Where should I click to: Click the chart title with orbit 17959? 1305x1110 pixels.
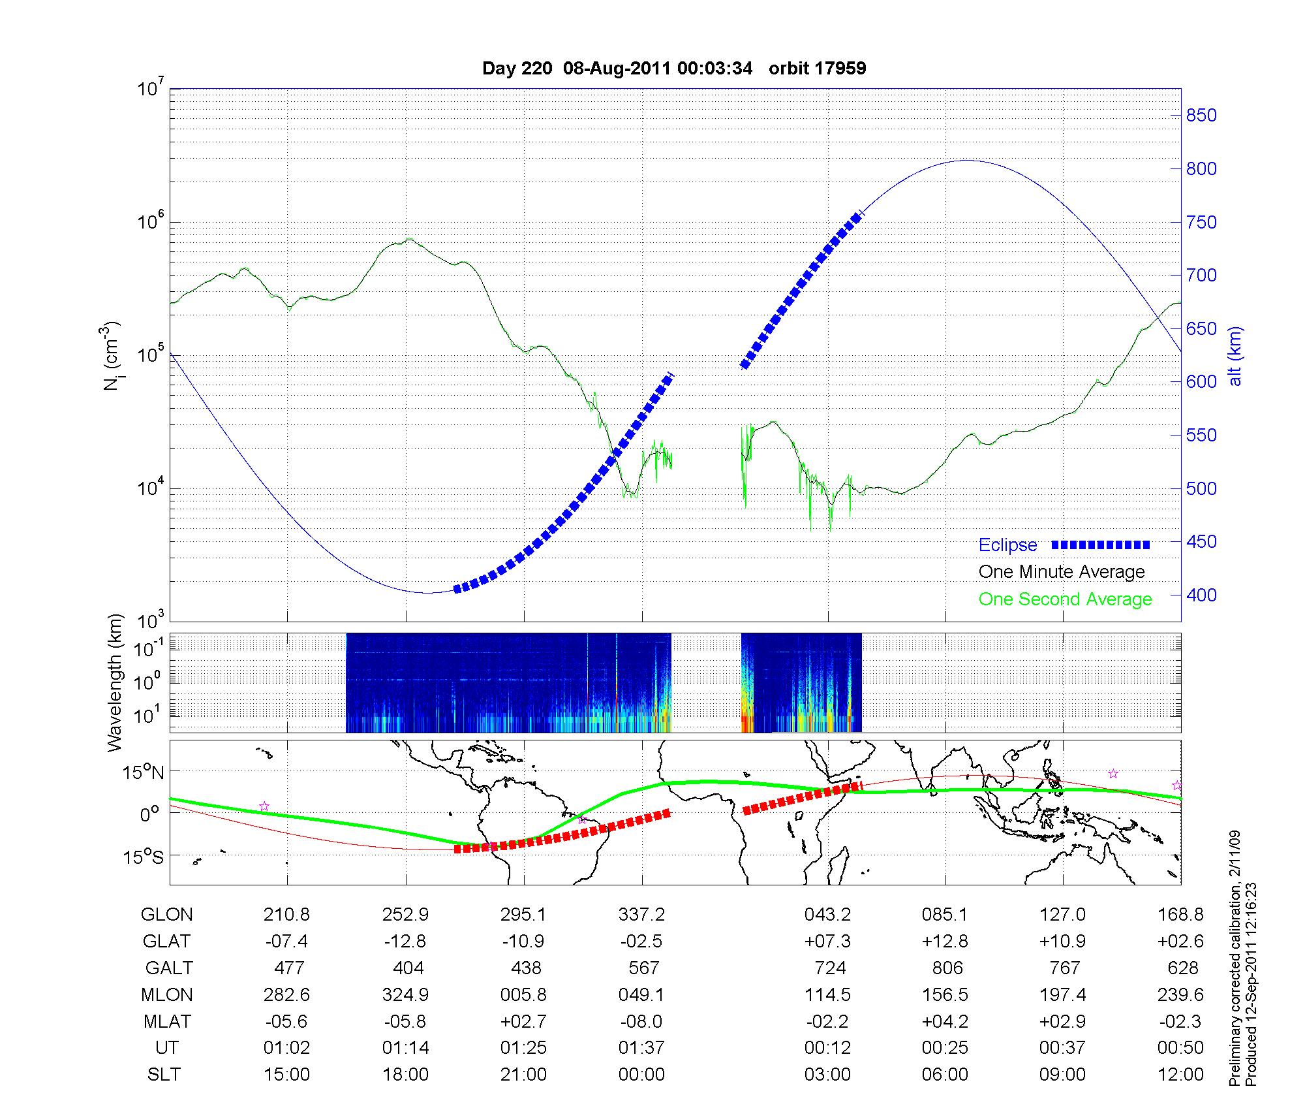pos(674,69)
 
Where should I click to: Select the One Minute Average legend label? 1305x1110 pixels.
pos(1062,572)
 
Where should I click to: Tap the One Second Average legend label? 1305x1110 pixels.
pos(1065,599)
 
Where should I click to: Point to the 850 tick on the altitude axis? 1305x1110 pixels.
pos(1201,116)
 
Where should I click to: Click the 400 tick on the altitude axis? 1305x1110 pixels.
pos(1201,595)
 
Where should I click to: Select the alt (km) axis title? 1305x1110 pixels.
pos(1235,356)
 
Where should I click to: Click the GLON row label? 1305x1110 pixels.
pos(166,915)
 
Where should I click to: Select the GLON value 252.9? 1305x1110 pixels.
pos(405,915)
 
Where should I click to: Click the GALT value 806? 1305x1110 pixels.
pos(947,968)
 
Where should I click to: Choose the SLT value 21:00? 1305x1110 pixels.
pos(523,1075)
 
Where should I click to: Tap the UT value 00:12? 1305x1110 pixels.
pos(827,1048)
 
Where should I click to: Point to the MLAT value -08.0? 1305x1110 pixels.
pos(641,1021)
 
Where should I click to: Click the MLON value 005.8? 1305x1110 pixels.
pos(523,995)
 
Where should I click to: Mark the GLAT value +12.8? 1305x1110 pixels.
pos(944,942)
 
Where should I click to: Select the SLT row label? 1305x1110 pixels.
pos(164,1075)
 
